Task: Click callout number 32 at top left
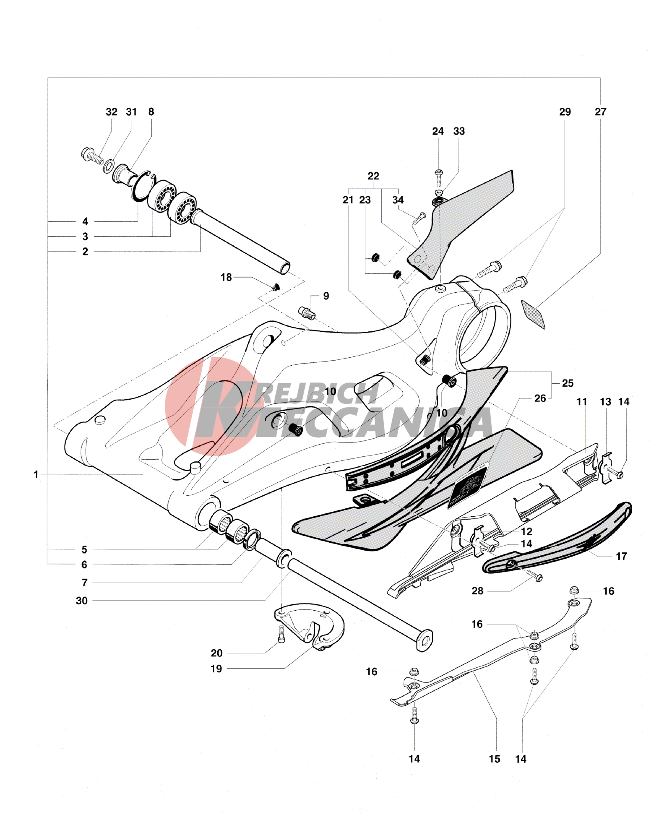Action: pyautogui.click(x=111, y=112)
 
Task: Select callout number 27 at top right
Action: pyautogui.click(x=600, y=112)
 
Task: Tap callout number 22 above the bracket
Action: pyautogui.click(x=373, y=176)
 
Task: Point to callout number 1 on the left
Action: pyautogui.click(x=36, y=475)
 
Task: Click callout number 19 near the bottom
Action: pyautogui.click(x=216, y=669)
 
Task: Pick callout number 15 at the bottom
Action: pyautogui.click(x=494, y=759)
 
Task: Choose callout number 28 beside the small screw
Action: pyautogui.click(x=478, y=591)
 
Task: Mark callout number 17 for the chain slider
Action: pyautogui.click(x=621, y=556)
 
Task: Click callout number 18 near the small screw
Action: pyautogui.click(x=226, y=277)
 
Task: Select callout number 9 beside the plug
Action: pyautogui.click(x=326, y=296)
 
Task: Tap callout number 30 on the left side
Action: pyautogui.click(x=82, y=601)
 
